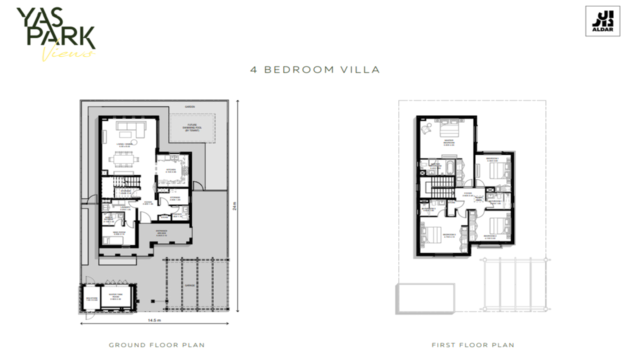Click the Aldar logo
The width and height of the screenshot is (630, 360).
(602, 21)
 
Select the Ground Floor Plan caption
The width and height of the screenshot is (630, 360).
(156, 345)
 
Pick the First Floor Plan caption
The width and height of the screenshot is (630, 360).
(472, 345)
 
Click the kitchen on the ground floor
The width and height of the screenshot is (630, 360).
(172, 170)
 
